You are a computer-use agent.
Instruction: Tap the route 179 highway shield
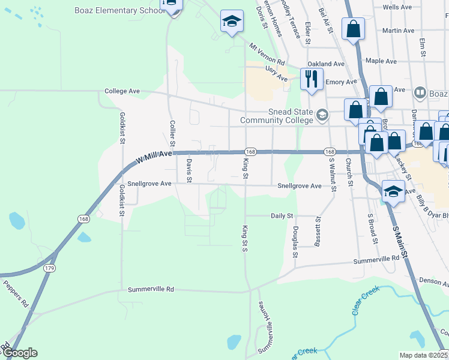49,268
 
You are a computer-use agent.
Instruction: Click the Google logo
19,353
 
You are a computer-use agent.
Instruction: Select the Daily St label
282,215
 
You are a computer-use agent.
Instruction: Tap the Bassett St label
318,232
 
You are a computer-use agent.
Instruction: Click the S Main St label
400,241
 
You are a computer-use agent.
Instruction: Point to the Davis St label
188,170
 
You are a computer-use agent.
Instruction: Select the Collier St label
172,133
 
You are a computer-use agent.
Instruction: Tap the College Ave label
122,91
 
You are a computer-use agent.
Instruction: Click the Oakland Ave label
326,64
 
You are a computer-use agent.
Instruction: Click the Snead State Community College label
277,116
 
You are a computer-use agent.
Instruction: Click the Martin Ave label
398,30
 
